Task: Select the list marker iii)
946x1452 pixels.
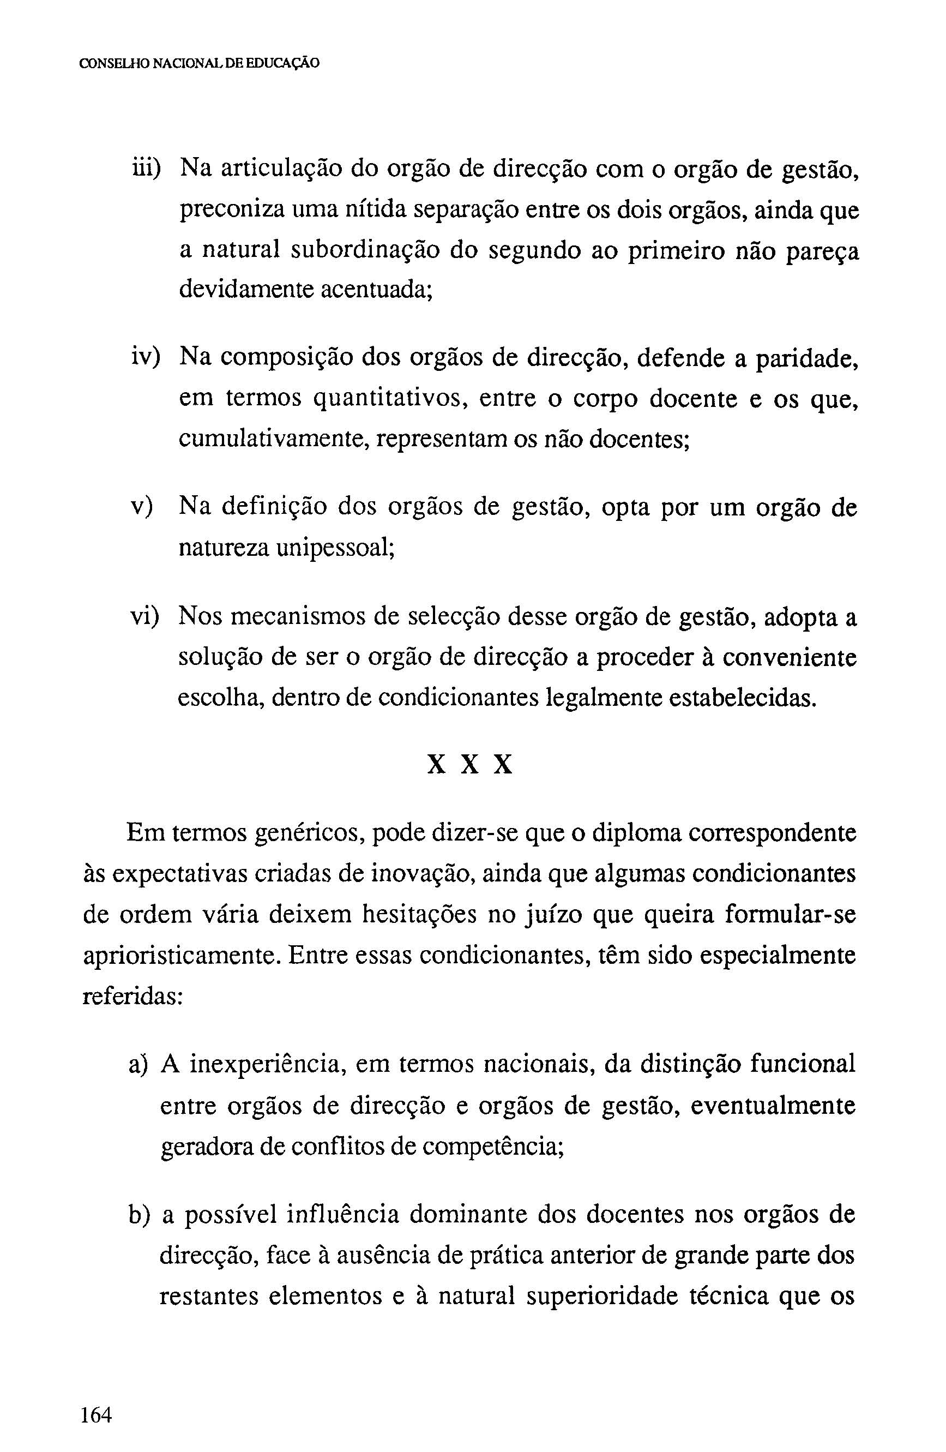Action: pyautogui.click(x=146, y=169)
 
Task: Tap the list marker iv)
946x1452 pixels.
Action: pyautogui.click(x=145, y=357)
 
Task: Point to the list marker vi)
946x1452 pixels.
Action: pyautogui.click(x=145, y=617)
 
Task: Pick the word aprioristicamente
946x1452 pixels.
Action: pyautogui.click(x=180, y=956)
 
